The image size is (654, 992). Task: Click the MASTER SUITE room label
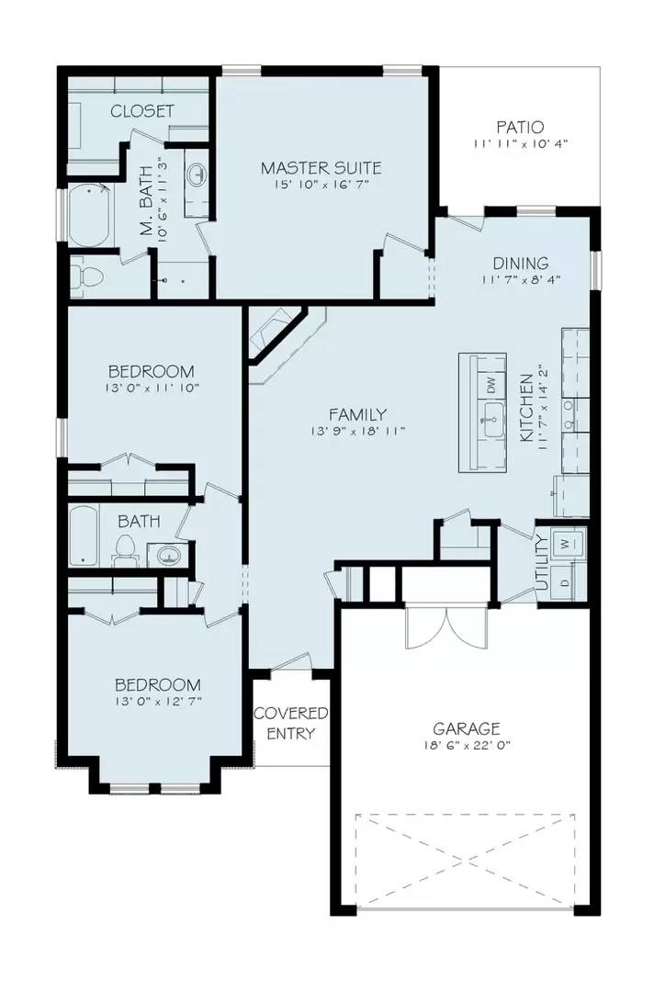321,168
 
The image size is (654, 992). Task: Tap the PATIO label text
520,127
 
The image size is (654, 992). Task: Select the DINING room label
520,263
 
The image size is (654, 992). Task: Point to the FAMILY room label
357,414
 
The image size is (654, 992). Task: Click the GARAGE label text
468,728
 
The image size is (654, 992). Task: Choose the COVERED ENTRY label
291,723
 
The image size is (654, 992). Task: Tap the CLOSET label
142,111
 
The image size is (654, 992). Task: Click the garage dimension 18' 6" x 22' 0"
468,746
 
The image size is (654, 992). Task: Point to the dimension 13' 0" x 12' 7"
157,702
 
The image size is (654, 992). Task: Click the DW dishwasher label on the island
490,385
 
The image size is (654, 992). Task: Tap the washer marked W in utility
566,542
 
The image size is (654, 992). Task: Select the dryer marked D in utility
566,582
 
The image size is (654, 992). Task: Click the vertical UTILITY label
541,563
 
